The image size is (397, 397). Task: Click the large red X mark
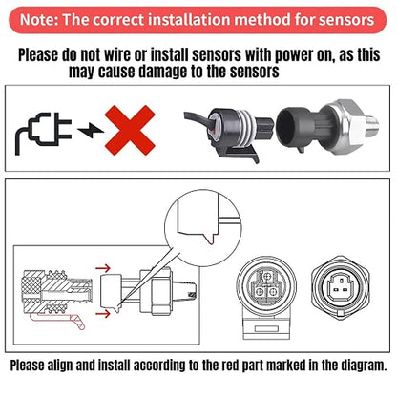tap(130, 130)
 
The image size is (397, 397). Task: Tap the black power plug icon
tap(43, 133)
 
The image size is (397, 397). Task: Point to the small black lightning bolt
tap(91, 130)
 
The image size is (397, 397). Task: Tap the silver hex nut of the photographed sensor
tap(345, 127)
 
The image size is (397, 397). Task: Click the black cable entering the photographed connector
tap(198, 120)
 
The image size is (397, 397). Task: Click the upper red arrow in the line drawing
tap(103, 268)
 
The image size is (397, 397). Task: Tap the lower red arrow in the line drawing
tap(103, 314)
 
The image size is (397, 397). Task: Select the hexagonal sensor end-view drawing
tap(342, 285)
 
